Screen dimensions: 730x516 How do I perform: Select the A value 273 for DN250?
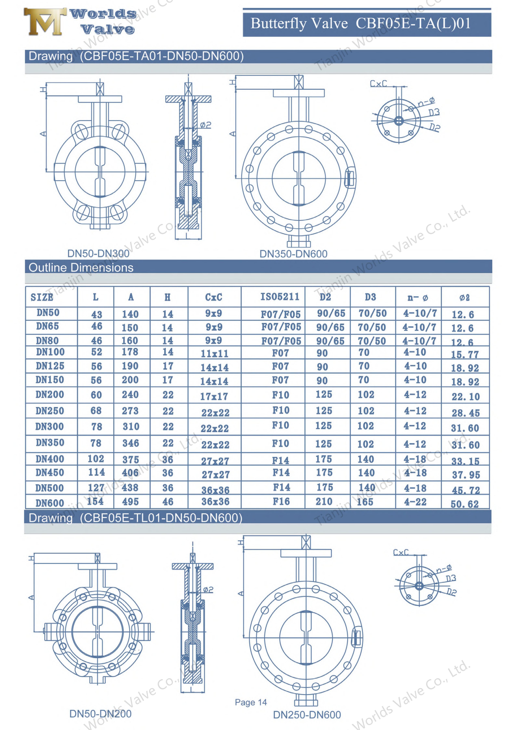point(130,411)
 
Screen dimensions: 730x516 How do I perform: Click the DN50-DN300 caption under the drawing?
point(98,253)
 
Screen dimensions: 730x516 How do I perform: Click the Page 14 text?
point(251,702)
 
